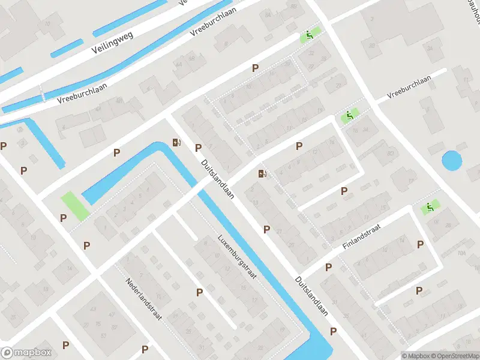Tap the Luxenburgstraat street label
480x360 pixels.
point(238,256)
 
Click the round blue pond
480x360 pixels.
point(452,161)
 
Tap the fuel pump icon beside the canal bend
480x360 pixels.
point(176,142)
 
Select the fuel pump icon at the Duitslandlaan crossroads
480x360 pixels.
point(262,174)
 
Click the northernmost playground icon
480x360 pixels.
point(310,35)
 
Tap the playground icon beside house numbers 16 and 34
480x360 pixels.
point(348,116)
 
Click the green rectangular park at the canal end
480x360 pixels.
point(75,206)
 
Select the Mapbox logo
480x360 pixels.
point(26,353)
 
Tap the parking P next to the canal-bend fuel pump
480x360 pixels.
point(198,148)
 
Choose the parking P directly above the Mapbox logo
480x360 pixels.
point(65,345)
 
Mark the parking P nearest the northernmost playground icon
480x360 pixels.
point(256,68)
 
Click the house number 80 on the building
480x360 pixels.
point(391,154)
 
